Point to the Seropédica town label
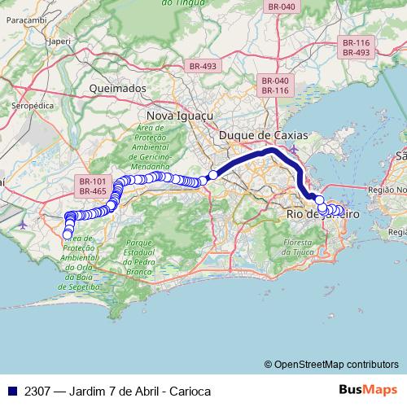click(x=33, y=106)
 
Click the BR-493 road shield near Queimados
click(x=204, y=66)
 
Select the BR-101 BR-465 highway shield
click(x=94, y=186)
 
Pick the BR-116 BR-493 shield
click(x=356, y=46)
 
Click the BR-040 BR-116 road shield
click(x=275, y=85)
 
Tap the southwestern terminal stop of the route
click(x=67, y=234)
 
